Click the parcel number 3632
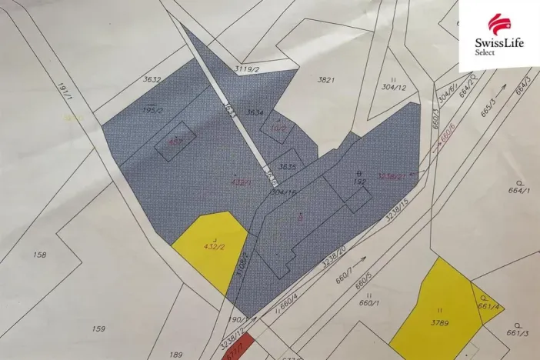[151, 78]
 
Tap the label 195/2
[153, 111]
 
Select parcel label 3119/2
[245, 68]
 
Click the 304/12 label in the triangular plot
[393, 87]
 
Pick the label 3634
[255, 112]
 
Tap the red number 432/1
[241, 182]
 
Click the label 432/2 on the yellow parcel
[213, 246]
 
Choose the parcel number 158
[40, 254]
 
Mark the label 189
[175, 354]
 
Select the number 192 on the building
[358, 182]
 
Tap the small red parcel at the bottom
[234, 352]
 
